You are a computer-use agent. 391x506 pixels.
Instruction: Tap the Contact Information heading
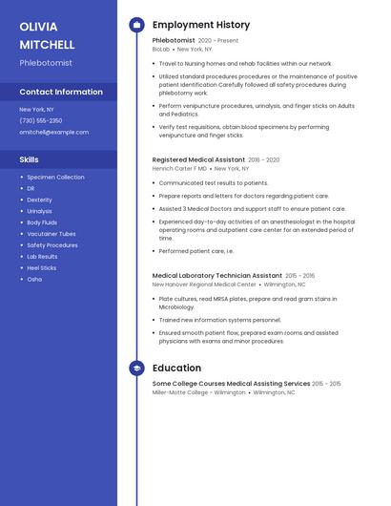tap(61, 92)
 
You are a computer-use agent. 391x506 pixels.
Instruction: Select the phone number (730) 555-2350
tap(41, 120)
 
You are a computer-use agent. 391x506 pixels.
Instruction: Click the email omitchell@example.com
tap(54, 132)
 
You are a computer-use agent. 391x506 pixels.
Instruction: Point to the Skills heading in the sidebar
tap(30, 159)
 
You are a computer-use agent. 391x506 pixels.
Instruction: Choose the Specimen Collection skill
tap(55, 177)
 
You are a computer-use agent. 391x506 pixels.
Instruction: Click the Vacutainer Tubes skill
tap(51, 234)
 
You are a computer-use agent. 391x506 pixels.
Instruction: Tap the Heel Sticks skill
tap(42, 268)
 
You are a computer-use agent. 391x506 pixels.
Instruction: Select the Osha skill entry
tap(34, 280)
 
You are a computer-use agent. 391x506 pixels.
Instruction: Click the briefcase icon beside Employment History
tap(136, 25)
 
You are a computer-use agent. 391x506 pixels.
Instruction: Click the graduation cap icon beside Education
tap(136, 368)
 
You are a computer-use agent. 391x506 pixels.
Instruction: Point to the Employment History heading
tap(201, 25)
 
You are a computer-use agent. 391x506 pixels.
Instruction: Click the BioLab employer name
tap(161, 49)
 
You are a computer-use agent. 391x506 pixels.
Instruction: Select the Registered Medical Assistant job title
tap(197, 159)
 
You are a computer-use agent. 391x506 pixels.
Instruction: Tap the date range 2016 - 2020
tap(264, 159)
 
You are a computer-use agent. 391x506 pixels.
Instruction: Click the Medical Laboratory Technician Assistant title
tap(216, 275)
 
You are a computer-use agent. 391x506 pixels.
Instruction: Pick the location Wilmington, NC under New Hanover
tap(285, 285)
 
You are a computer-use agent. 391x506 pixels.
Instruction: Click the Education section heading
tap(176, 368)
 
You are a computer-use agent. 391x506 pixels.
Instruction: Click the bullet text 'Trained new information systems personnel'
tap(220, 320)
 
